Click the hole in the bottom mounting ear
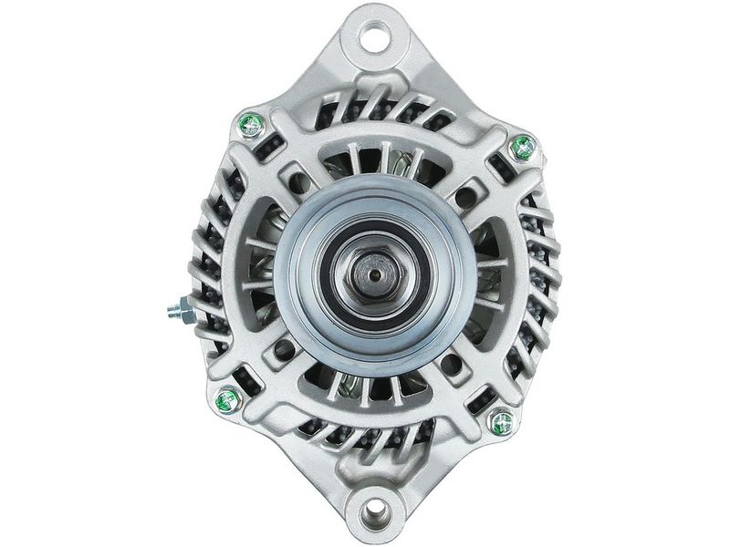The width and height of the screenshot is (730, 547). (375, 511)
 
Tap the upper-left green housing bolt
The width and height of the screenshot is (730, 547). (250, 125)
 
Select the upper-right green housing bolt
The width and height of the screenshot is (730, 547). (522, 146)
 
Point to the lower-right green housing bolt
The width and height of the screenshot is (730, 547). (501, 421)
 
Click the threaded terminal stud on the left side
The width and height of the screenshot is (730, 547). (174, 311)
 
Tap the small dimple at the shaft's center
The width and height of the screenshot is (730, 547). (375, 270)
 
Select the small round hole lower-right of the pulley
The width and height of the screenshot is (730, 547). (453, 364)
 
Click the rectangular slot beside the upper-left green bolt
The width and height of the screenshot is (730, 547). (273, 149)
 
